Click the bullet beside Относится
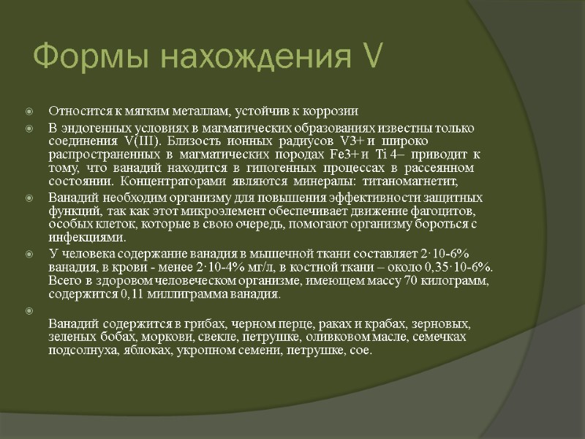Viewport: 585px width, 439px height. (29, 112)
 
